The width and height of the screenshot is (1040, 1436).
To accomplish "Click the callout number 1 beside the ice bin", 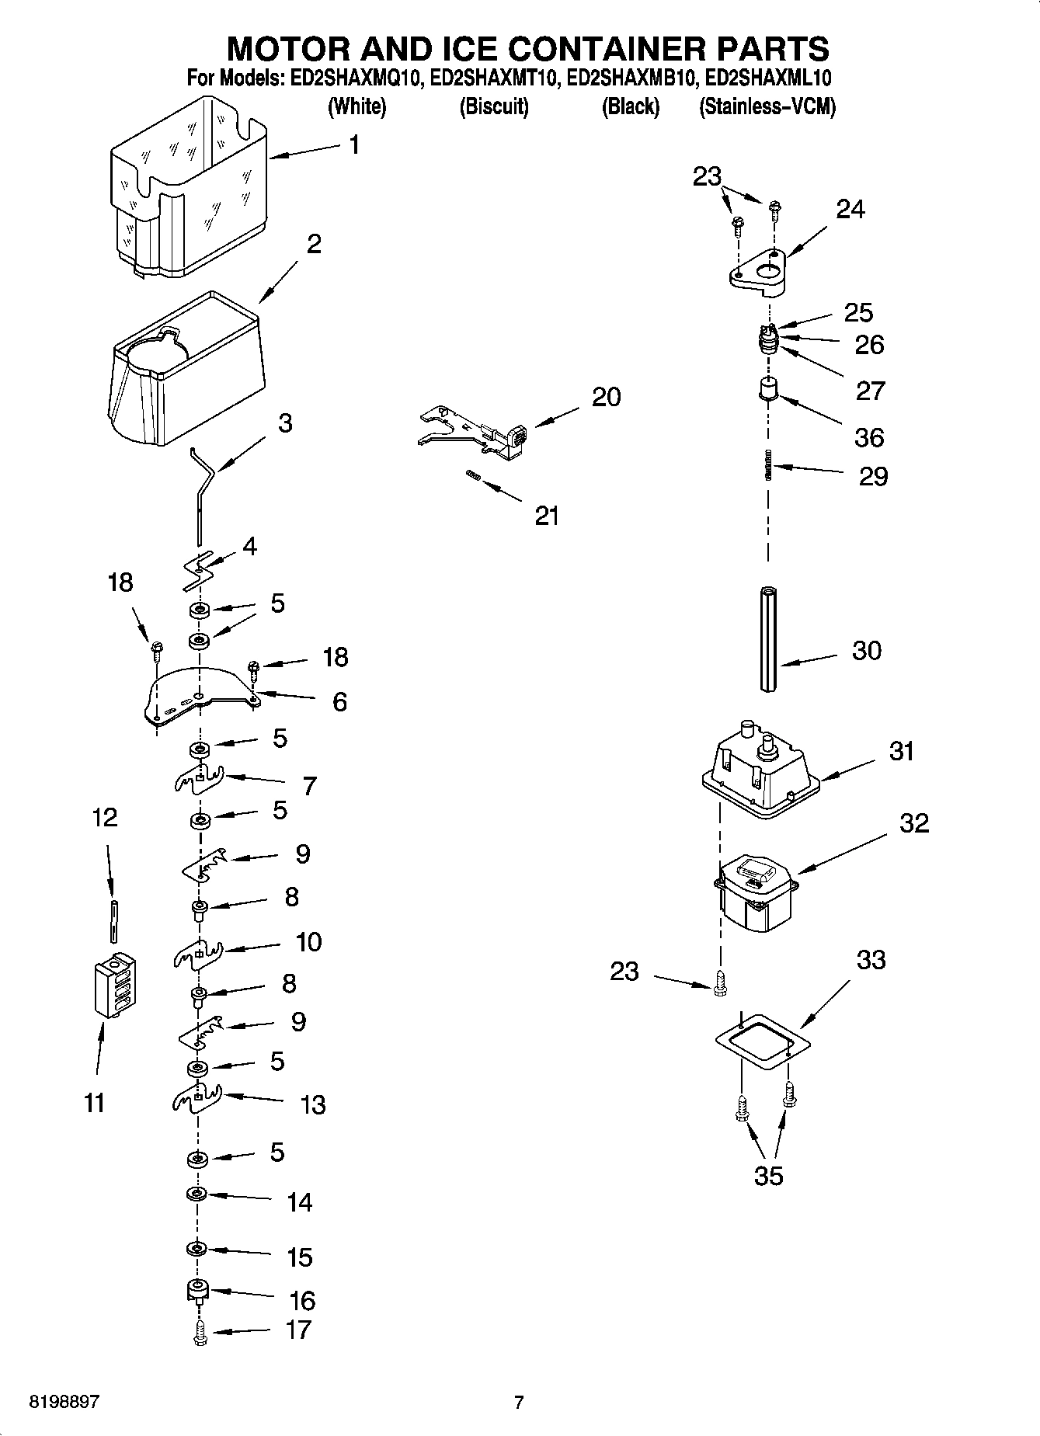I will [x=354, y=144].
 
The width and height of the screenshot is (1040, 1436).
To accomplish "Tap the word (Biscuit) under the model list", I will [x=494, y=106].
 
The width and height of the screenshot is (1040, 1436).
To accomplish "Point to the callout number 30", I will [x=866, y=650].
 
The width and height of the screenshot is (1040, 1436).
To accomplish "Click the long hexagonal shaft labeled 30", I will [x=768, y=638].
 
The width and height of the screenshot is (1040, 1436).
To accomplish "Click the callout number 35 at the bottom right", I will [x=768, y=1176].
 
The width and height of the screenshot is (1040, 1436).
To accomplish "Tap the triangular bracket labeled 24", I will [x=758, y=274].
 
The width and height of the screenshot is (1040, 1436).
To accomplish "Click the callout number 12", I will [x=105, y=817].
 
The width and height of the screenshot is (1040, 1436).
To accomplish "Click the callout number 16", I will [x=301, y=1300].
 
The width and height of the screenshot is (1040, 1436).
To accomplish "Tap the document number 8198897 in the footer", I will [x=64, y=1402].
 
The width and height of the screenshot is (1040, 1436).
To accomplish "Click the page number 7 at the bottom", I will [x=519, y=1402].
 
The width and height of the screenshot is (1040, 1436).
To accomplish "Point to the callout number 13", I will [x=312, y=1104].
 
